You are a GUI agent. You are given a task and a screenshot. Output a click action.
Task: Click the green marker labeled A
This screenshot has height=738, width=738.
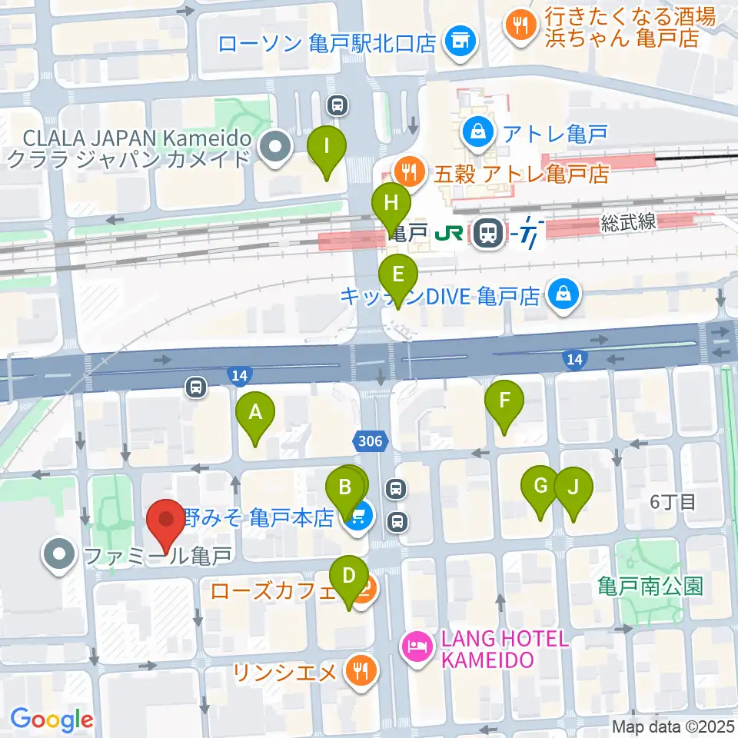pos(255,414)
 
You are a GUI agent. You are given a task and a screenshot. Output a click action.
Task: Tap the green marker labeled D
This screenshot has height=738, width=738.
pos(348,577)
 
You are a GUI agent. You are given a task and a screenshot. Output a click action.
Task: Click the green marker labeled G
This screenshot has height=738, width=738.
pos(540,487)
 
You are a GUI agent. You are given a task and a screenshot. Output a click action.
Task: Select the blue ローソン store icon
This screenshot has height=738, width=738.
pos(460,42)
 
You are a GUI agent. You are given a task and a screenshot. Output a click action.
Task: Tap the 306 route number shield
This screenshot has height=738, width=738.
pos(372,440)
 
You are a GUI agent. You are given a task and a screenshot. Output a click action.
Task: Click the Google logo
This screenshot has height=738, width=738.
pos(52,720)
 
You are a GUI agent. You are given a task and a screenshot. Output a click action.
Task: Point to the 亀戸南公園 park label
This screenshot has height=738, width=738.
pos(650,587)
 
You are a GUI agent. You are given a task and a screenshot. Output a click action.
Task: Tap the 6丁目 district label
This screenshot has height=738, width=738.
pos(673,503)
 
